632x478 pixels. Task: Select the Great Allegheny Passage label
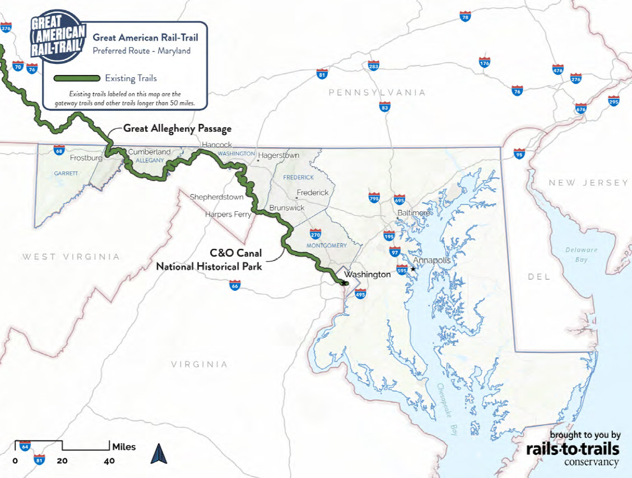click(177, 129)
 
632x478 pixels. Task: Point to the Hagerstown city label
click(278, 155)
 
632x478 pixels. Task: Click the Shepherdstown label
click(217, 197)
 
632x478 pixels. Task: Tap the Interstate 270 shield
click(316, 233)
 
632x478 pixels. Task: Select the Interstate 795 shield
click(374, 198)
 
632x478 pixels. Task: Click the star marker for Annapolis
click(413, 269)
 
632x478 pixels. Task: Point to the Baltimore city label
click(413, 213)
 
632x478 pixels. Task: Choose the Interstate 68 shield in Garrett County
click(59, 150)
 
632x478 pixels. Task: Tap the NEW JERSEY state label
click(588, 183)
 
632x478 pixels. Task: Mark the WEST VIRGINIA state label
click(71, 257)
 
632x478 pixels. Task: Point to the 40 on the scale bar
click(109, 461)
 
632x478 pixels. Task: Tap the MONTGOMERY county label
click(327, 245)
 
